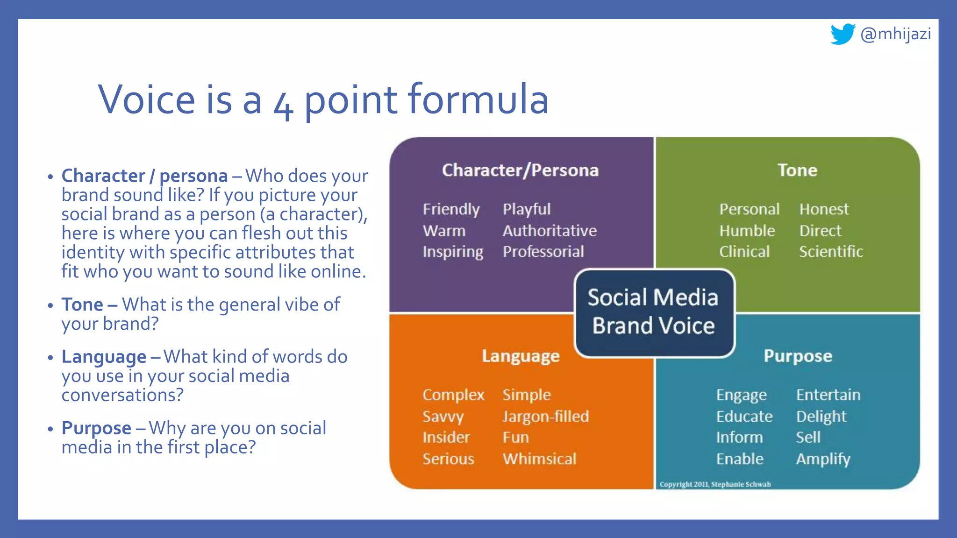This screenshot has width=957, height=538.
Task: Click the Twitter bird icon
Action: click(x=842, y=34)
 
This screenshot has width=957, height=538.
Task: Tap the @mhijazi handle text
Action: click(x=895, y=34)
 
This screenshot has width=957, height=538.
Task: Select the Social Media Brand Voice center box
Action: click(x=654, y=312)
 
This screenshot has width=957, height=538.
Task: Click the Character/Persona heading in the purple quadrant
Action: click(x=520, y=170)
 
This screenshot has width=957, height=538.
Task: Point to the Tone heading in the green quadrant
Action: click(x=797, y=170)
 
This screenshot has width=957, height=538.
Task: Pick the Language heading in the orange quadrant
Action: click(x=521, y=356)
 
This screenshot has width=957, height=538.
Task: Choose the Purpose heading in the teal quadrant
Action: click(x=798, y=356)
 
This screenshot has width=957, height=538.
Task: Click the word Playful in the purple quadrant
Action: click(x=527, y=209)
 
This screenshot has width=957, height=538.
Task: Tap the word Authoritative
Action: click(x=550, y=231)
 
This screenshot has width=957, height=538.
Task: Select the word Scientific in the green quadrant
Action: click(x=831, y=252)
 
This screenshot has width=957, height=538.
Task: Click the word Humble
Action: click(x=747, y=231)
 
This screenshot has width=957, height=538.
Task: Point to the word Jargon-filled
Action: click(x=545, y=416)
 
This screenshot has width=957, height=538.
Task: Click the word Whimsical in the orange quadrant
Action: click(x=539, y=459)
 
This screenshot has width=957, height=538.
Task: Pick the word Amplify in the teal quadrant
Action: click(x=823, y=459)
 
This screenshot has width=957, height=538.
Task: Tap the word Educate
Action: click(x=744, y=416)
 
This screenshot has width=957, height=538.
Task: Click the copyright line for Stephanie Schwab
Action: click(x=715, y=484)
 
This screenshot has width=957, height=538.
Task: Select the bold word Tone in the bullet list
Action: click(x=82, y=304)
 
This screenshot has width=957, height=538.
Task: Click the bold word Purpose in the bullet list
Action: click(x=96, y=428)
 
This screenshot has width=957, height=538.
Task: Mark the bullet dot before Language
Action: click(x=50, y=358)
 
